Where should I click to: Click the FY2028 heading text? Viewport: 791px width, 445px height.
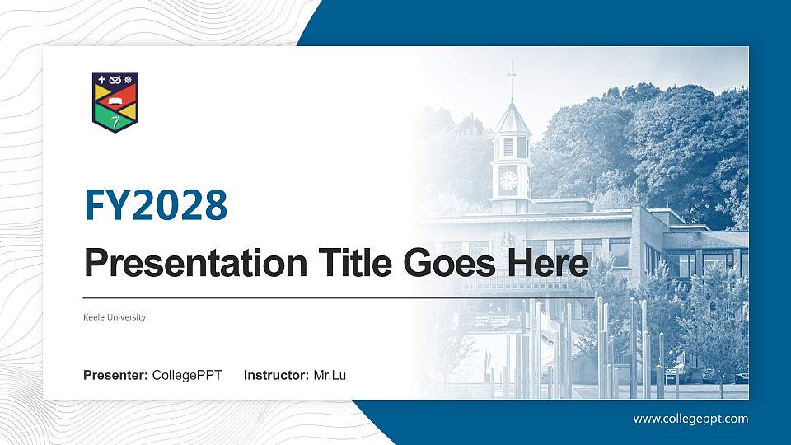point(156,205)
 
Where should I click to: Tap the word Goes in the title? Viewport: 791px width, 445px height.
point(445,264)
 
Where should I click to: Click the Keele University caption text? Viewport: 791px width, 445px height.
point(115,317)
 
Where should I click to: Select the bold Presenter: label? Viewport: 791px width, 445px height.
point(115,376)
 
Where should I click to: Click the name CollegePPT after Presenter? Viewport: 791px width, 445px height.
point(187,376)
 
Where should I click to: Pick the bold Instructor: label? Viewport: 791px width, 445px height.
point(277,376)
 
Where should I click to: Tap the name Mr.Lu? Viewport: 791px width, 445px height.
point(330,376)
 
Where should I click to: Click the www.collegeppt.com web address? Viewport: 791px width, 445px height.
point(690,419)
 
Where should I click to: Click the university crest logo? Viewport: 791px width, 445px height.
point(115,101)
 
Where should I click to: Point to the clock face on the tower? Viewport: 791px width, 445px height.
point(508,180)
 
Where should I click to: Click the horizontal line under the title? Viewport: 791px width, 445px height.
point(338,297)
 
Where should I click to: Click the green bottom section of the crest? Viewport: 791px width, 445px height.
point(115,122)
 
